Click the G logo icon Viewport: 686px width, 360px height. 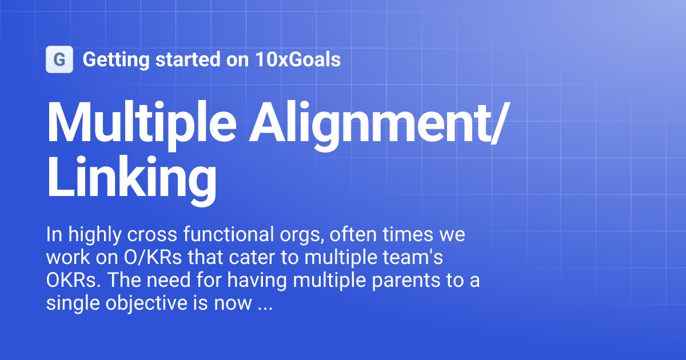coord(59,59)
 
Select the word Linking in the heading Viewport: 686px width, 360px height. coord(131,178)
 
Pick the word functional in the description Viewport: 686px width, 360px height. coord(225,235)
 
